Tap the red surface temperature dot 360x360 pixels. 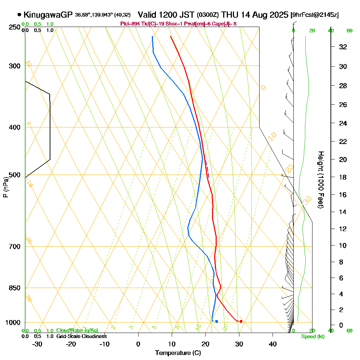[241, 321]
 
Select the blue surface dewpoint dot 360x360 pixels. [216, 321]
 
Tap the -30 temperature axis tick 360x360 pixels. [37, 344]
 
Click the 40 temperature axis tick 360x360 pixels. [273, 344]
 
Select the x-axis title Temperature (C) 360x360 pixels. [178, 353]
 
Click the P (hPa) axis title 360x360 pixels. [5, 187]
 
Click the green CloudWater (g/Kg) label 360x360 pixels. [77, 330]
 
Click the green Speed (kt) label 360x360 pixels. [312, 337]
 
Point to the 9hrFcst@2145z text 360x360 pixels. [315, 15]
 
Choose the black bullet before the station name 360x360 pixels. [19, 15]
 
